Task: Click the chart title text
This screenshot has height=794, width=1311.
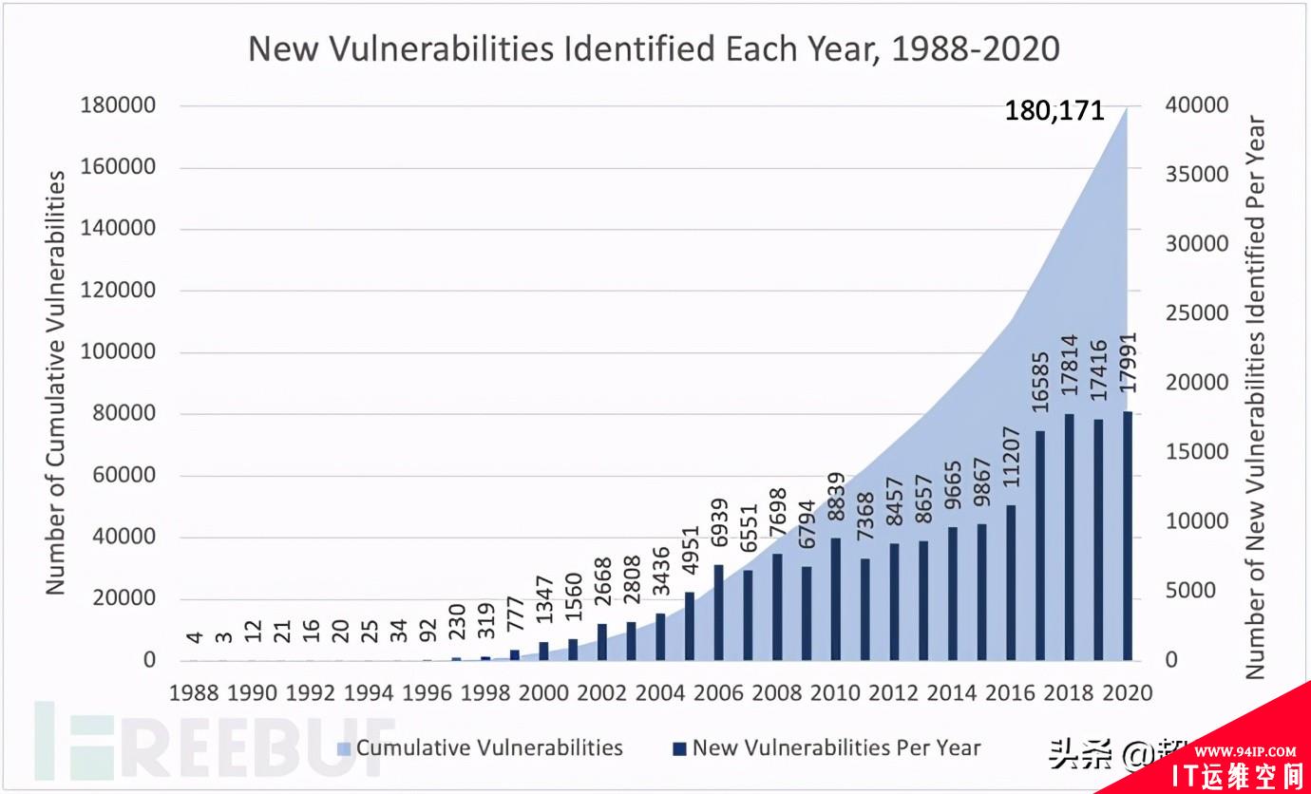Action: [654, 48]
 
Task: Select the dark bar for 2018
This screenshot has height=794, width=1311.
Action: [1070, 537]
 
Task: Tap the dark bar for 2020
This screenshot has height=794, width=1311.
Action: [1128, 536]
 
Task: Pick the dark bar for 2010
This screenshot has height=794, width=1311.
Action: [836, 599]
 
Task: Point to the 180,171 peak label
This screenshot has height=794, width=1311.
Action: [1054, 112]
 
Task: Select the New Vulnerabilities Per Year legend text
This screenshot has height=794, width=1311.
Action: [836, 747]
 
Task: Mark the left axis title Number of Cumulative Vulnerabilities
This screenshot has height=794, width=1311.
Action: [57, 382]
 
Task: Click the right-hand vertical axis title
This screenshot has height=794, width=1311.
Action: [1255, 397]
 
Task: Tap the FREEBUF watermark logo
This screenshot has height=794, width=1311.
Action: [214, 741]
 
